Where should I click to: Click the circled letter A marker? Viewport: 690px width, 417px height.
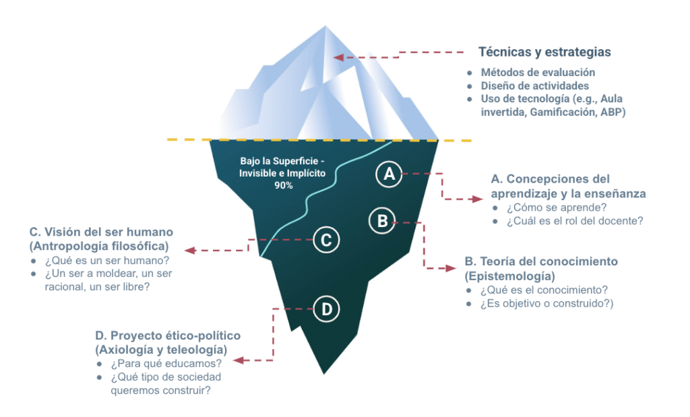pyautogui.click(x=389, y=174)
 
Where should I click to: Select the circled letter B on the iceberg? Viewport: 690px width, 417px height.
pyautogui.click(x=382, y=220)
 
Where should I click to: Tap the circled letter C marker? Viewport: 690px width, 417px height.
pyautogui.click(x=326, y=239)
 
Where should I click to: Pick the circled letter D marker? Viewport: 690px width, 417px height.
pyautogui.click(x=327, y=309)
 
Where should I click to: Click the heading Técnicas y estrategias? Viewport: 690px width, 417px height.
pyautogui.click(x=544, y=52)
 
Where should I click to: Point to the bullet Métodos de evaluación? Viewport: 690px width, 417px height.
pyautogui.click(x=538, y=72)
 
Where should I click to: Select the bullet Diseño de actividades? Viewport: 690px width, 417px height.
pyautogui.click(x=535, y=86)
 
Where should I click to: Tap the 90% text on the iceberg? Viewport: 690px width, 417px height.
pyautogui.click(x=283, y=185)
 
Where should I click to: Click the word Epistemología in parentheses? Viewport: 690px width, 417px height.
pyautogui.click(x=509, y=276)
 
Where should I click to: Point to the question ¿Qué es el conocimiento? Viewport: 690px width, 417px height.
pyautogui.click(x=544, y=290)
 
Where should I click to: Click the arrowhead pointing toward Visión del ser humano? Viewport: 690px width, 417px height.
pyautogui.click(x=191, y=250)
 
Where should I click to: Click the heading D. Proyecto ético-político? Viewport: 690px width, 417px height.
pyautogui.click(x=168, y=335)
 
